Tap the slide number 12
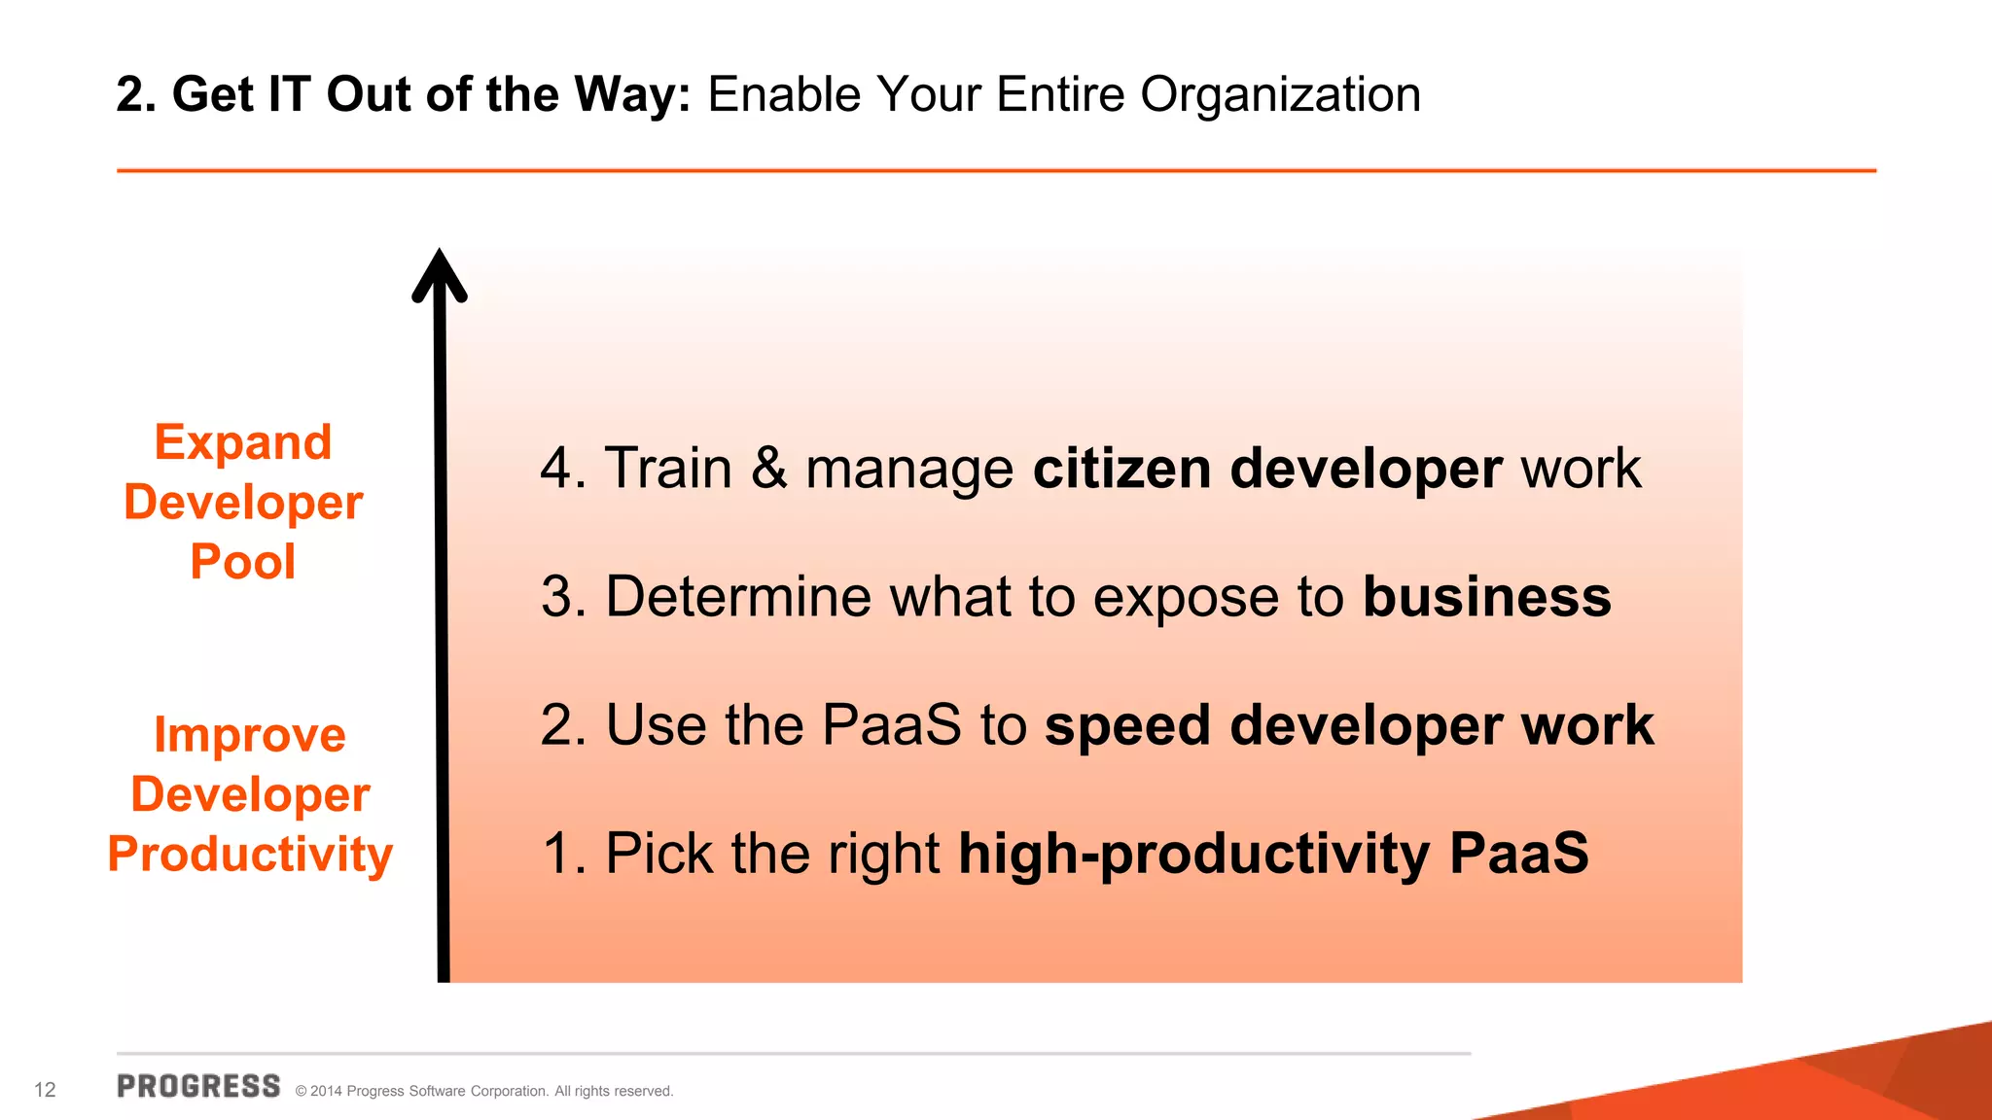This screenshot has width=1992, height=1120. point(45,1090)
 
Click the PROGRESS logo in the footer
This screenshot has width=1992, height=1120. point(198,1086)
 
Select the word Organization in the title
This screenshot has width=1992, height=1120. point(1280,95)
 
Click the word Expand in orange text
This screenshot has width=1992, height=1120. point(243,443)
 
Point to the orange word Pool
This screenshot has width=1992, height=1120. point(243,562)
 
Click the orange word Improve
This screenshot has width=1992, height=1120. point(250,735)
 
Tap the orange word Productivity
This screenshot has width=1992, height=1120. point(250,854)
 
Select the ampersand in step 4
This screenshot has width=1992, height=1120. point(768,469)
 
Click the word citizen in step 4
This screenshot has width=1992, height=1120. point(1121,469)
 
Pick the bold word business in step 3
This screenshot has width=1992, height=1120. point(1487,597)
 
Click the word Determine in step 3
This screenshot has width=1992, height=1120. point(738,597)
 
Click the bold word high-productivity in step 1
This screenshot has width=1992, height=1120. point(1194,854)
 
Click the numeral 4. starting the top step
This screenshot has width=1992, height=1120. point(563,469)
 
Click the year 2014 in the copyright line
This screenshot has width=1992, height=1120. point(326,1092)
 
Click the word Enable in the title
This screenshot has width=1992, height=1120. point(784,95)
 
